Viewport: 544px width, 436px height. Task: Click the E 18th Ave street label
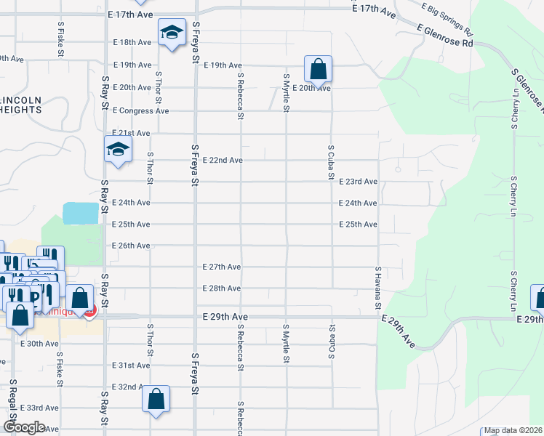pyautogui.click(x=132, y=42)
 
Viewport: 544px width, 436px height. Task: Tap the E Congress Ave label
pyautogui.click(x=140, y=110)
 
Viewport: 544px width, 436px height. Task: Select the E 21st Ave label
pyautogui.click(x=132, y=133)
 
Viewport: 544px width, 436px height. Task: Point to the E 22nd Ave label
pyautogui.click(x=222, y=160)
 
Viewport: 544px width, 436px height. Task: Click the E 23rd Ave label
pyautogui.click(x=358, y=182)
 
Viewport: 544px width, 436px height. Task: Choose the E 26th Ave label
pyautogui.click(x=132, y=246)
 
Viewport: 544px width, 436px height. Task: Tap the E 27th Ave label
pyautogui.click(x=222, y=267)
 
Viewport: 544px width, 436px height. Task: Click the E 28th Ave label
pyautogui.click(x=222, y=288)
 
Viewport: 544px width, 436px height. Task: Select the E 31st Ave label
pyautogui.click(x=132, y=365)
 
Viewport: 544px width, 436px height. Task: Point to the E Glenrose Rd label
pyautogui.click(x=445, y=34)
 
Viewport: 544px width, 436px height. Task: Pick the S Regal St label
pyautogui.click(x=13, y=397)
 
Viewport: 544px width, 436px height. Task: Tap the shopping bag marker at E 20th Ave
pyautogui.click(x=318, y=70)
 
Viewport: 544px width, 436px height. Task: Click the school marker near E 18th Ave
pyautogui.click(x=172, y=33)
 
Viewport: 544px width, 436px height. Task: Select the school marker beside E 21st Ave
pyautogui.click(x=117, y=150)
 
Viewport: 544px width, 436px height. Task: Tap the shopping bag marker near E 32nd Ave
pyautogui.click(x=156, y=399)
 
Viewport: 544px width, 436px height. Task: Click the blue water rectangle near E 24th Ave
pyautogui.click(x=81, y=213)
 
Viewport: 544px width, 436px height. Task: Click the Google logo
pyautogui.click(x=23, y=427)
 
